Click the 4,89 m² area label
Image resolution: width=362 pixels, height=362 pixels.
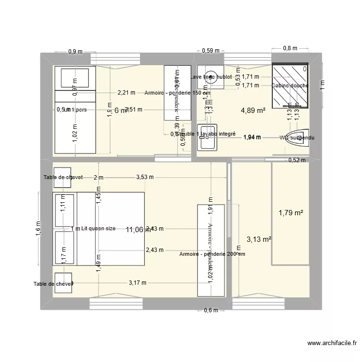(x=253, y=111)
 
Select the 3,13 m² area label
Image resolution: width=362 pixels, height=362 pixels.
(x=259, y=238)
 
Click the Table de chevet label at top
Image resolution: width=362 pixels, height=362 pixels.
(x=63, y=177)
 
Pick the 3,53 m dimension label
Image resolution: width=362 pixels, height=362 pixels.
(x=145, y=177)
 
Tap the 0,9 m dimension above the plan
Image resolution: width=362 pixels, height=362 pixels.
(x=75, y=51)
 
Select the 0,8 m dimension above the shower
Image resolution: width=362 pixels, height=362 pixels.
(x=290, y=48)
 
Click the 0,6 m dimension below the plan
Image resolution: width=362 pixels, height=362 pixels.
(x=210, y=310)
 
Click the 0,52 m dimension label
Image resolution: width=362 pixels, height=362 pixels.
(x=296, y=161)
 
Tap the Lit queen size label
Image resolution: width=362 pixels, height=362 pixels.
(x=98, y=228)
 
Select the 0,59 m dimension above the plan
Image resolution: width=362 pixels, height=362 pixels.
(x=210, y=50)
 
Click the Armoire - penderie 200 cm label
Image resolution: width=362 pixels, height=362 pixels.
(x=212, y=254)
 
